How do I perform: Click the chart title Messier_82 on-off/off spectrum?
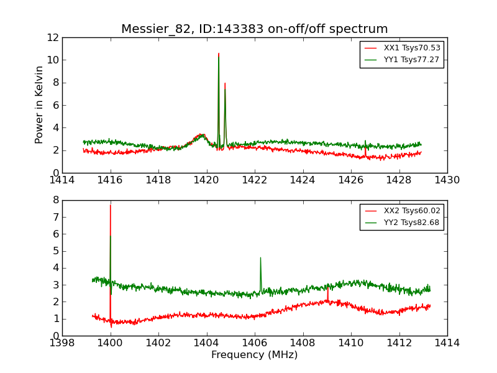[255, 29]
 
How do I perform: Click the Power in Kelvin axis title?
[40, 105]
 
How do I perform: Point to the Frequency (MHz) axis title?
[255, 355]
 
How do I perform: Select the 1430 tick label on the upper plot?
[447, 180]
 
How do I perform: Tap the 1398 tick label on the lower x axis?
[62, 343]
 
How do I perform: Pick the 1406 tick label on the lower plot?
[255, 343]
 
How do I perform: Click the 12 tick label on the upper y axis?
[52, 38]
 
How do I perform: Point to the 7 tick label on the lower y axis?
[56, 218]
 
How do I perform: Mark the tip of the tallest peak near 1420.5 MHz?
[219, 54]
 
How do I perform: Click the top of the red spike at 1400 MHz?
[110, 205]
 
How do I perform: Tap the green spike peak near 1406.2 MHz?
[260, 258]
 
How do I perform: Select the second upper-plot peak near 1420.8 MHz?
[225, 83]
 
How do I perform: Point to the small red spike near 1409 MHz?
[328, 288]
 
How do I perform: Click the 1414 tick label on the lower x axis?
[447, 343]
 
